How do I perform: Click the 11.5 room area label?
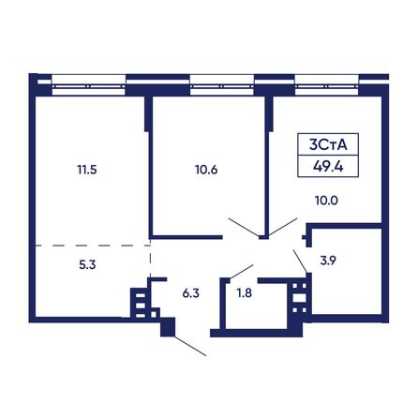point(87,170)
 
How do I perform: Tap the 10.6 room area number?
point(206,170)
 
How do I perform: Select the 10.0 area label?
point(326,201)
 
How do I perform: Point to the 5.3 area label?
point(87,265)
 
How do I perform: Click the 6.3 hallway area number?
point(191,293)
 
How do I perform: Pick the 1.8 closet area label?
point(245,293)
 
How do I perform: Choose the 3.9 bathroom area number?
point(328,261)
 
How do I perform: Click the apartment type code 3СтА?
point(328,145)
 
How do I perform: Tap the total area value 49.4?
point(328,167)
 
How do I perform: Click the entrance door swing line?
point(190,346)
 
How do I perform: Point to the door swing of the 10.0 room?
point(283,227)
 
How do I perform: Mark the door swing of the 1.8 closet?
point(242,272)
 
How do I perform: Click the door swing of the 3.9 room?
point(300,261)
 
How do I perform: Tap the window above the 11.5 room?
point(89,85)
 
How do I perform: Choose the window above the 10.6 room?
point(222,85)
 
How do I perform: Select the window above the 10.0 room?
point(327,85)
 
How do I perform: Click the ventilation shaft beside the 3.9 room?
point(299,298)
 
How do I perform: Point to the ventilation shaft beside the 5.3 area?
point(141,305)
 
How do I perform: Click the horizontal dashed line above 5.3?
point(93,246)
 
